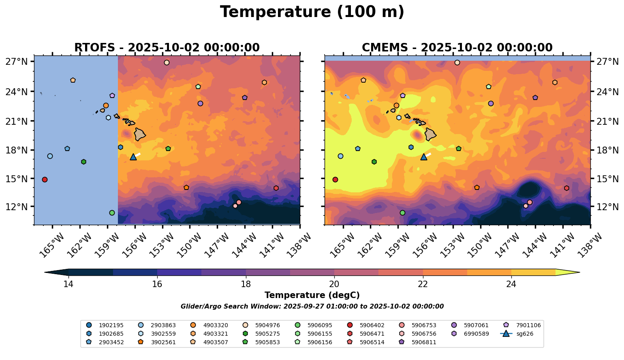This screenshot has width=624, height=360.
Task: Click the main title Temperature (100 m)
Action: (x=312, y=12)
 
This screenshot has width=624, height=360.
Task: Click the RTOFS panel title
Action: (x=167, y=48)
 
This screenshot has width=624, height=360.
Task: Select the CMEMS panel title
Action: (x=457, y=48)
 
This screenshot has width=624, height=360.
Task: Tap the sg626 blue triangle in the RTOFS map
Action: (x=133, y=157)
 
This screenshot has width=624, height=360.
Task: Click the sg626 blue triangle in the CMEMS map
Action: (x=424, y=157)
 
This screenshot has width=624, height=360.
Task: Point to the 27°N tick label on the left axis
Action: (x=17, y=62)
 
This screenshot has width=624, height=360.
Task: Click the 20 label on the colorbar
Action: (x=334, y=284)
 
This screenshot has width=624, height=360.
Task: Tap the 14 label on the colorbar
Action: (x=68, y=284)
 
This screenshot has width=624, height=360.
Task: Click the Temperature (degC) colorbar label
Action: (x=312, y=295)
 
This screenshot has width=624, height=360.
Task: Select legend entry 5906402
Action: (x=367, y=325)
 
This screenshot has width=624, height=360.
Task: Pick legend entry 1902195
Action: (x=105, y=325)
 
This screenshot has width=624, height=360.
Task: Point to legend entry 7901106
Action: (x=525, y=325)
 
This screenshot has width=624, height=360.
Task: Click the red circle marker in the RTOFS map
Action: (x=45, y=179)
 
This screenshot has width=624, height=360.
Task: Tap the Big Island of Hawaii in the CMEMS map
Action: (x=430, y=134)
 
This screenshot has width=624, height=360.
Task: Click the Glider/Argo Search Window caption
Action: (x=312, y=307)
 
